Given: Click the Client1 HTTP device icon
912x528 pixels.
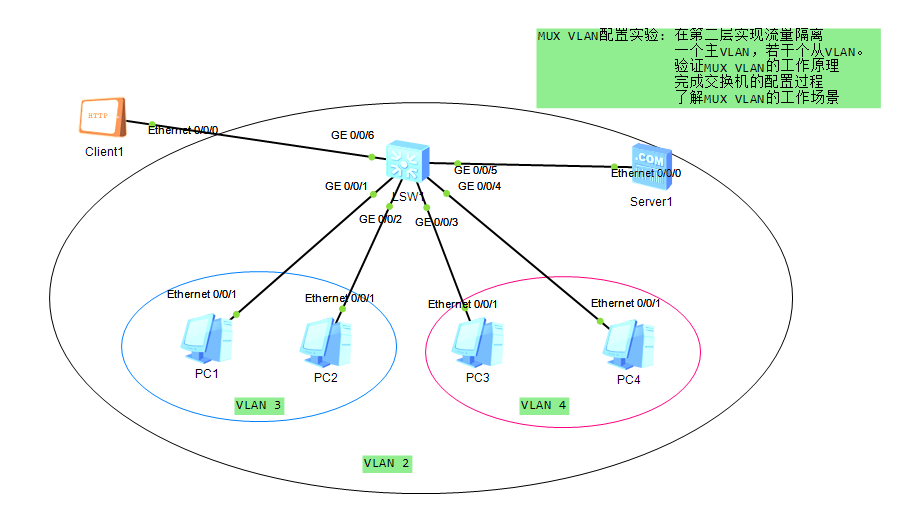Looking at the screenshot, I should pyautogui.click(x=102, y=118).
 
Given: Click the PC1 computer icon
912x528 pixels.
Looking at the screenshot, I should pyautogui.click(x=207, y=340).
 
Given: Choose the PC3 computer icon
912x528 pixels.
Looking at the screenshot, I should pyautogui.click(x=477, y=343).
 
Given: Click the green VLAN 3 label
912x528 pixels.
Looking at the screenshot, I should pyautogui.click(x=259, y=405).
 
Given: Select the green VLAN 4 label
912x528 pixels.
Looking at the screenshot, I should pyautogui.click(x=543, y=405).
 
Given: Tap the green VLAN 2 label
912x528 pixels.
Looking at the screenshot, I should pyautogui.click(x=386, y=463).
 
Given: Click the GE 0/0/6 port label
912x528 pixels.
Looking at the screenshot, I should pyautogui.click(x=353, y=135).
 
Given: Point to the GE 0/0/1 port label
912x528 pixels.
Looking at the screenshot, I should pyautogui.click(x=346, y=186).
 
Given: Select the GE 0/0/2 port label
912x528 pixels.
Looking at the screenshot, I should pyautogui.click(x=380, y=219).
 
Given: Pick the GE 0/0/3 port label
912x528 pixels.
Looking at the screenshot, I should pyautogui.click(x=436, y=222).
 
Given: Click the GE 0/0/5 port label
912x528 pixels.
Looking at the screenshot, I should pyautogui.click(x=476, y=171).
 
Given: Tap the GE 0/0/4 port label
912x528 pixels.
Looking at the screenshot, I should pyautogui.click(x=480, y=186).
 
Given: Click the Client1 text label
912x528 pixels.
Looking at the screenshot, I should pyautogui.click(x=104, y=152).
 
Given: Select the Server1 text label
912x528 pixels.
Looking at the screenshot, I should pyautogui.click(x=651, y=202).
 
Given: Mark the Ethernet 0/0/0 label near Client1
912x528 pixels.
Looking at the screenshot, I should pyautogui.click(x=183, y=130).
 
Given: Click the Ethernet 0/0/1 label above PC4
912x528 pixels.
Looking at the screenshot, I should pyautogui.click(x=626, y=303).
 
